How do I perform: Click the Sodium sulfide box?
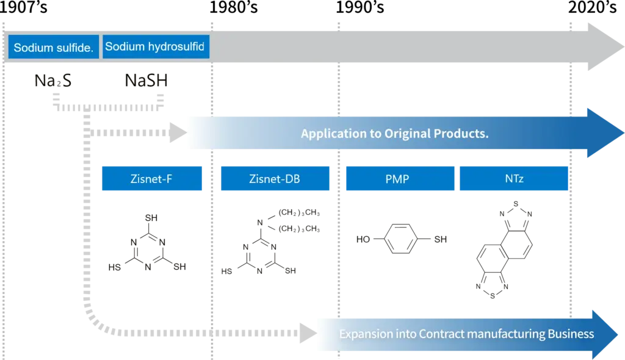point(53,47)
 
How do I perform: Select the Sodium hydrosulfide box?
point(156,47)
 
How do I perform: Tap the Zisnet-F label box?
point(151,180)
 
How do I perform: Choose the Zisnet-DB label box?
point(275,180)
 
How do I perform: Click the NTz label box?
point(513,180)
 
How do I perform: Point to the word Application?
point(329,134)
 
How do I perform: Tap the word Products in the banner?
point(462,134)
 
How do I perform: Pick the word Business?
point(572,334)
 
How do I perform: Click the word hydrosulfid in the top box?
point(176,47)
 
